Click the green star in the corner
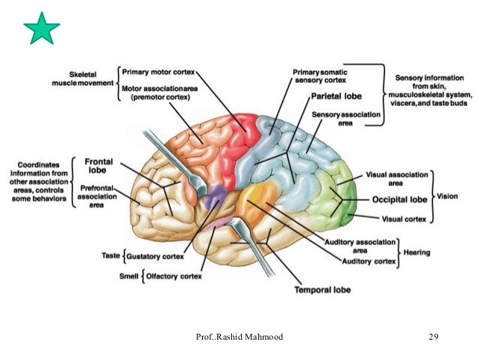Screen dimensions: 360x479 [x=41, y=29]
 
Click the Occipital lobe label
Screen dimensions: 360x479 [x=399, y=201]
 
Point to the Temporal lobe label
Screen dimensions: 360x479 [x=322, y=289]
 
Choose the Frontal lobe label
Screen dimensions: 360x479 [x=98, y=165]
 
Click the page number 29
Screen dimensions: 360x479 [x=432, y=337]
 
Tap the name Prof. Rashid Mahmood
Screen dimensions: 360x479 [x=239, y=337]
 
